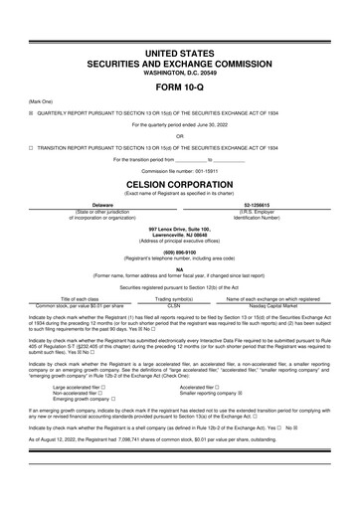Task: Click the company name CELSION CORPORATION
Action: click(x=179, y=184)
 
